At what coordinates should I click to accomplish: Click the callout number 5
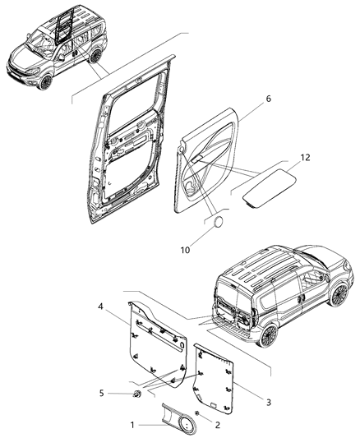pyautogui.click(x=102, y=393)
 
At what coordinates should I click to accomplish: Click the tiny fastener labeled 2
pyautogui.click(x=198, y=413)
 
